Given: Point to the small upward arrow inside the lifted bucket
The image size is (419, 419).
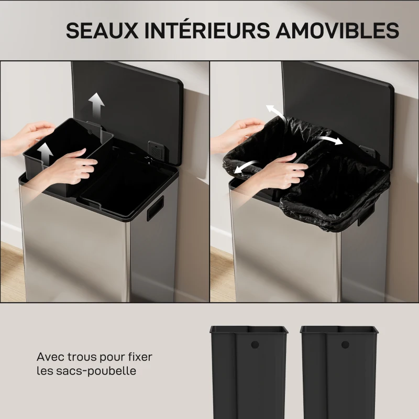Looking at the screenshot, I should (46, 153).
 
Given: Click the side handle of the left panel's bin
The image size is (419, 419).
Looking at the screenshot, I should (155, 208).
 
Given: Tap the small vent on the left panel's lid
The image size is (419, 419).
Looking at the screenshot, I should (155, 149).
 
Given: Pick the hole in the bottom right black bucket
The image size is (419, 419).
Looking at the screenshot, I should (345, 345).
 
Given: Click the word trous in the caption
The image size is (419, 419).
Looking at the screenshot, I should (76, 358).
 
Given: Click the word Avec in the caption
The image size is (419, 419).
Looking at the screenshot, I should (48, 358).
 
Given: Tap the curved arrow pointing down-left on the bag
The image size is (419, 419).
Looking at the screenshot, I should (245, 166).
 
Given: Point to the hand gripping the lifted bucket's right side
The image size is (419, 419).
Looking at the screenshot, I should (73, 167).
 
